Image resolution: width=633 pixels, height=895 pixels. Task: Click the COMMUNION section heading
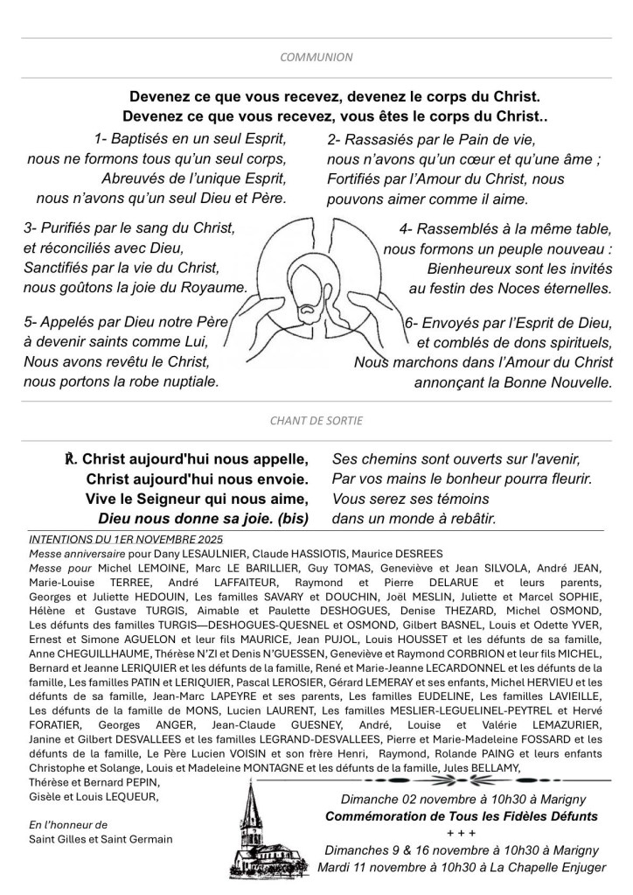(316, 58)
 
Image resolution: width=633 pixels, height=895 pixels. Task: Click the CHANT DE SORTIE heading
(316, 421)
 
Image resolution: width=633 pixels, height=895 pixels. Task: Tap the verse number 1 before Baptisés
(97, 139)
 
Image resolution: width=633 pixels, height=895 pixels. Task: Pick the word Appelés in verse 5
(71, 322)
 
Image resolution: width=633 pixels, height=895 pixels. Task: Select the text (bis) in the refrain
(289, 518)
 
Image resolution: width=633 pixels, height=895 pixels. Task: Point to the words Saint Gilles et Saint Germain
(101, 839)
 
